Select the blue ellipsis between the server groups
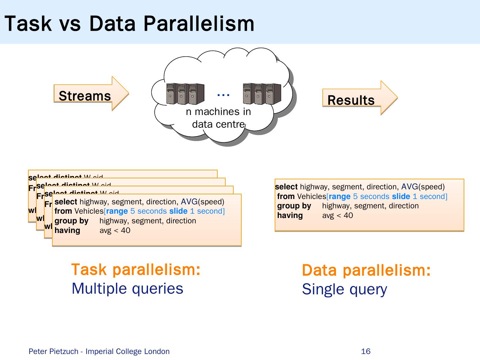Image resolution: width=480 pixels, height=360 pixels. coord(223,95)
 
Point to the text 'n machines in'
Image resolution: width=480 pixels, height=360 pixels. coord(218,112)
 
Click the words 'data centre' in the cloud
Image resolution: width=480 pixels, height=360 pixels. coord(218,124)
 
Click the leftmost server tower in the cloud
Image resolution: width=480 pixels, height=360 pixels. coord(170,93)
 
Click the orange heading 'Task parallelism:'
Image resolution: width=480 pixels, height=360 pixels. coord(136,269)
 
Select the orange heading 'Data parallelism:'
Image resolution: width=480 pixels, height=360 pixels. coord(366,270)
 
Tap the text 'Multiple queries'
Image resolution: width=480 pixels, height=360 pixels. coord(127,288)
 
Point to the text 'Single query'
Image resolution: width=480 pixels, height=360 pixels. coord(344,289)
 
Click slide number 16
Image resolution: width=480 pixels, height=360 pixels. coord(366,351)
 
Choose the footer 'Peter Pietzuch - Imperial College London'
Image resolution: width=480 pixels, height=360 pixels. coord(99,351)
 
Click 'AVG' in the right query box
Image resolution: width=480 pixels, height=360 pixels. coord(409,187)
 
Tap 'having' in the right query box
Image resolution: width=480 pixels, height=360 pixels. coord(290,215)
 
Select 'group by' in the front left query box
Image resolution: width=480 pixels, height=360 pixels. coord(71,221)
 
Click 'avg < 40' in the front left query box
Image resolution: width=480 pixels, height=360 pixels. coord(115,230)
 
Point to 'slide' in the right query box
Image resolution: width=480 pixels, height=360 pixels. coord(401,196)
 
